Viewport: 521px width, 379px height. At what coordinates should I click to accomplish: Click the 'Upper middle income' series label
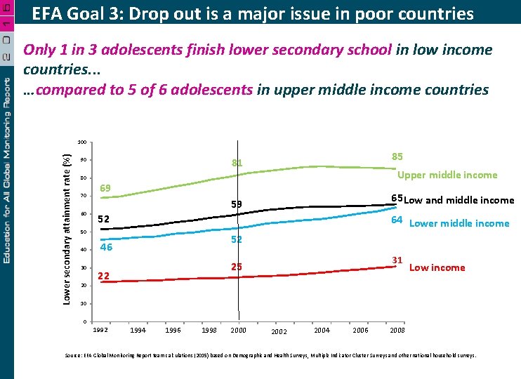tap(447, 175)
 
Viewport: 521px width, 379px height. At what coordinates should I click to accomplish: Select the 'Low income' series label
tap(437, 267)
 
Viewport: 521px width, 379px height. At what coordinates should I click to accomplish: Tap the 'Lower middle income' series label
tap(459, 223)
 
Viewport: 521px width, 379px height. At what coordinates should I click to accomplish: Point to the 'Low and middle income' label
tap(459, 200)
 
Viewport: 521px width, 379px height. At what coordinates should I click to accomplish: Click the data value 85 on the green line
tap(397, 157)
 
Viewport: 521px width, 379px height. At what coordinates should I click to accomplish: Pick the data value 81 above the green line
tap(237, 164)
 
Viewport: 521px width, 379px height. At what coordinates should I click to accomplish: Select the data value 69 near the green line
tap(106, 188)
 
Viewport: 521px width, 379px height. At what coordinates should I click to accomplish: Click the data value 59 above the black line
tap(237, 204)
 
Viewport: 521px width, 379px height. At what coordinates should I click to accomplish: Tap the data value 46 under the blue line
tap(106, 247)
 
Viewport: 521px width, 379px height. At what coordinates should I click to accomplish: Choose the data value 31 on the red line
tap(397, 260)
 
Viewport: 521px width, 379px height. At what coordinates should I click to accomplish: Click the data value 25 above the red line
tap(237, 267)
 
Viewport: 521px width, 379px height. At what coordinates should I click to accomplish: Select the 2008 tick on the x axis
tap(397, 330)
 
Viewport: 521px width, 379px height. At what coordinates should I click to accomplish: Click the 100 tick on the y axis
tap(82, 142)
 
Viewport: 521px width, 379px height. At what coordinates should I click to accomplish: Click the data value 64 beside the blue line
tap(397, 220)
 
